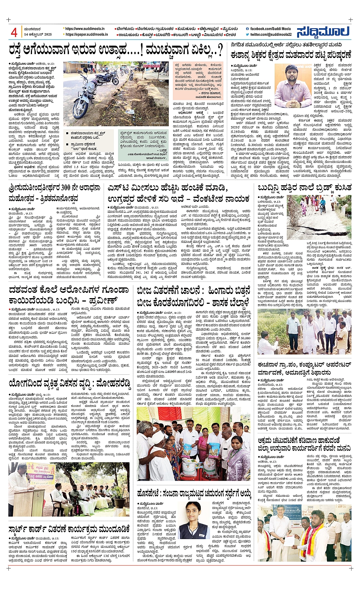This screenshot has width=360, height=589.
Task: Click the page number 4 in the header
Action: point(14,32)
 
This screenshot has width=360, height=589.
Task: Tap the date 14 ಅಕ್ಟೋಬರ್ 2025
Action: point(37,34)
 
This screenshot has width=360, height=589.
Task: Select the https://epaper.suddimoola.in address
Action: point(86,34)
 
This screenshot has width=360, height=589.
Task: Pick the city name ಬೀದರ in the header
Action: point(230,34)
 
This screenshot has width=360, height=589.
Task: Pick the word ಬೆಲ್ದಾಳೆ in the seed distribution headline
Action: point(233,303)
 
